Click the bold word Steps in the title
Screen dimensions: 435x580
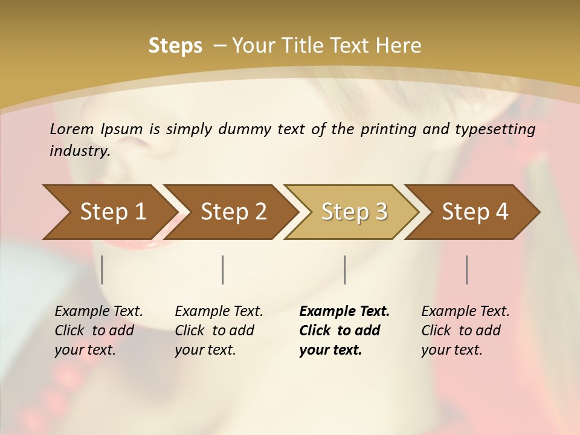pos(175,46)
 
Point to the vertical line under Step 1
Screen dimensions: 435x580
pos(102,269)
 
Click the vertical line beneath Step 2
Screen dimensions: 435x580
pos(223,269)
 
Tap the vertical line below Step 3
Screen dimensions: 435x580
pos(345,269)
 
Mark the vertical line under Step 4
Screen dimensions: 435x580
pos(467,269)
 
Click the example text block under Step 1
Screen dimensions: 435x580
pos(98,330)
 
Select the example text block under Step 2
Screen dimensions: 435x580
pos(219,330)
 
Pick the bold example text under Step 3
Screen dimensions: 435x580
pos(344,330)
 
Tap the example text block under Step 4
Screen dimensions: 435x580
pos(465,330)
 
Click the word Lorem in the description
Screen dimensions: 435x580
pos(72,129)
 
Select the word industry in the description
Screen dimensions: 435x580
pos(80,151)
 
